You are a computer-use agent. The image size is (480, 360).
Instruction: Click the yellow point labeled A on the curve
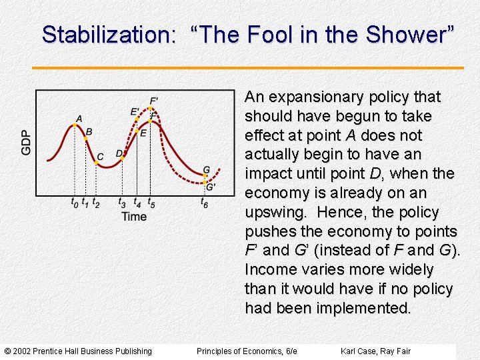75,125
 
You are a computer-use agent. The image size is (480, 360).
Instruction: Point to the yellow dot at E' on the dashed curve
138,119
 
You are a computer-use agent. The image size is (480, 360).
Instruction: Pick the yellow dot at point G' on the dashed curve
205,181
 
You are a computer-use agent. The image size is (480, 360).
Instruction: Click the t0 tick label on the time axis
74,202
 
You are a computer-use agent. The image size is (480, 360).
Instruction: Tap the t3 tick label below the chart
122,202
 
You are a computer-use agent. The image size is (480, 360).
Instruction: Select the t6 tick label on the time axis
205,202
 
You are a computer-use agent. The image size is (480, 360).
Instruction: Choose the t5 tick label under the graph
151,202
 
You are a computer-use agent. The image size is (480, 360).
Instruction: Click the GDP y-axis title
26,142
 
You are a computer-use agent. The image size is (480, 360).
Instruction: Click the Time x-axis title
134,216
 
